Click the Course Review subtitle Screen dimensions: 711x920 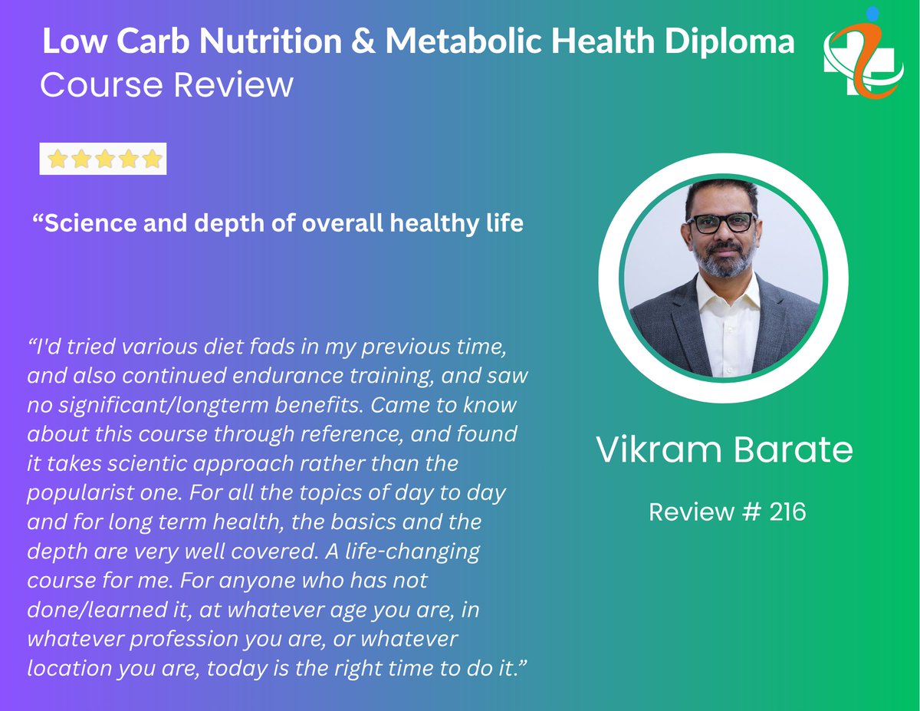click(x=166, y=84)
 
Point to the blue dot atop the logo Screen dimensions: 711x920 click(x=872, y=13)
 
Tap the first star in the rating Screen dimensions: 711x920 click(x=57, y=160)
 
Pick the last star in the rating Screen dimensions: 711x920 click(x=153, y=160)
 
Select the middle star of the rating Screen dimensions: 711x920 click(x=104, y=160)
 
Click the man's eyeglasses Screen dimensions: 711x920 click(x=721, y=223)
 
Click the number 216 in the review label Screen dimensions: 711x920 click(x=789, y=512)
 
